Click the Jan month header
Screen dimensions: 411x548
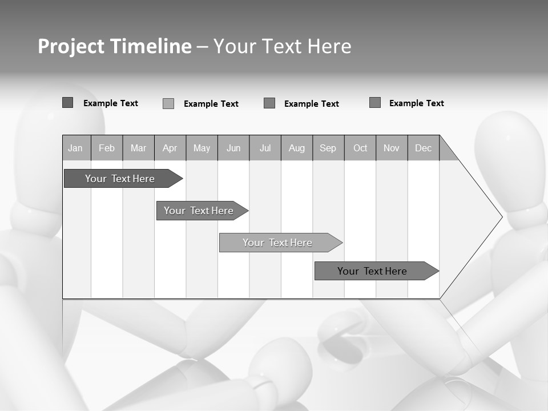pos(76,148)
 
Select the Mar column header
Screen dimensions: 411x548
pos(138,148)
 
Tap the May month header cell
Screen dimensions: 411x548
pos(202,148)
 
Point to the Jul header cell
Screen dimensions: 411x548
pos(265,148)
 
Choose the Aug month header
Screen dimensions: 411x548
pos(297,148)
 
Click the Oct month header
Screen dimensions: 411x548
pos(360,148)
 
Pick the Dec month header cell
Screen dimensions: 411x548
pos(424,148)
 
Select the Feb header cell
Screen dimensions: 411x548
pos(107,148)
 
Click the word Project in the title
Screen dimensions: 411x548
pos(72,46)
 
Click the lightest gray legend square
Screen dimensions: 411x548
pos(168,103)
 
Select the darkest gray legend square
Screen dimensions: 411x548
pos(67,103)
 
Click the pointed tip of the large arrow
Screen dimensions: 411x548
pos(501,217)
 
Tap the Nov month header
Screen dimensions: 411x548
pos(392,148)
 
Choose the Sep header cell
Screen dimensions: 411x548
pos(328,148)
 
